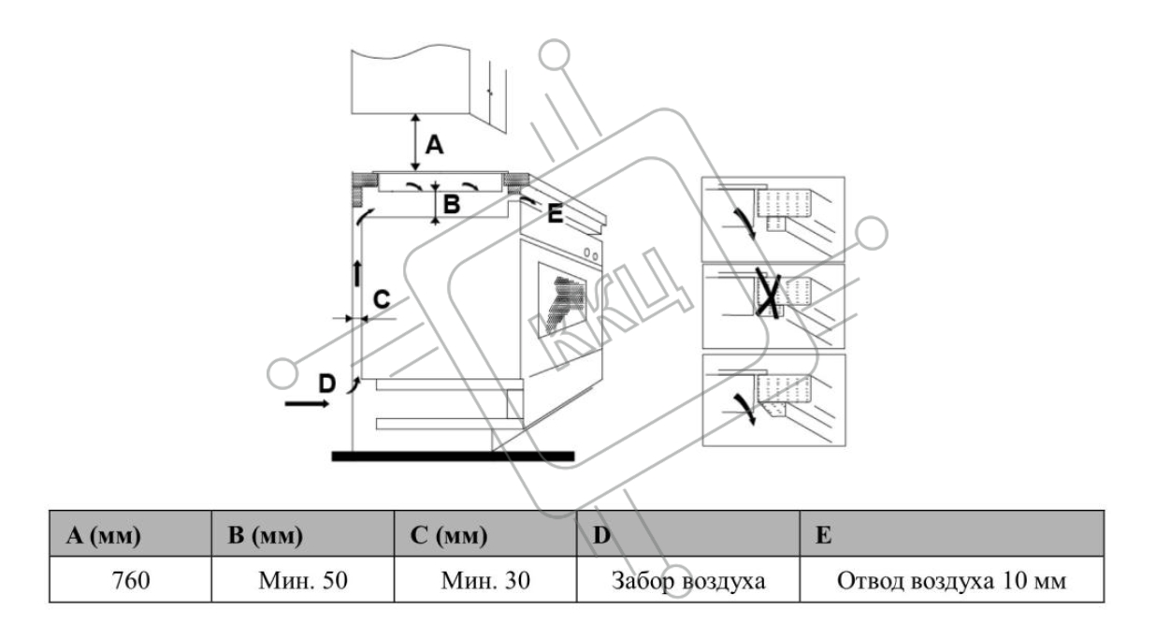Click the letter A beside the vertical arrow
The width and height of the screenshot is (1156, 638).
435,145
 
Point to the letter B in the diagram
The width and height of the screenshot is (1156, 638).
452,204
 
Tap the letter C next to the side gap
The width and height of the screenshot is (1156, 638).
382,299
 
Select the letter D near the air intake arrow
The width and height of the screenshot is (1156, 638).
325,383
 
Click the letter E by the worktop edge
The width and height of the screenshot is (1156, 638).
555,214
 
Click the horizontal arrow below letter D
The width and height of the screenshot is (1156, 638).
307,404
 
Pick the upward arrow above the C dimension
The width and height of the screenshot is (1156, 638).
356,274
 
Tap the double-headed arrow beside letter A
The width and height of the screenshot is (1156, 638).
414,141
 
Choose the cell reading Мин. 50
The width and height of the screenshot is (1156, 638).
304,581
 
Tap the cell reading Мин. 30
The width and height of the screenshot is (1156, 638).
486,581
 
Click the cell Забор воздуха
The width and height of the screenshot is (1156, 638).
688,581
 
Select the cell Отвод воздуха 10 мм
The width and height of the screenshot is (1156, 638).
952,581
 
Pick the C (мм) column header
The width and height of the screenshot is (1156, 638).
449,535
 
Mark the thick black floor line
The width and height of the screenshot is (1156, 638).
453,456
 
